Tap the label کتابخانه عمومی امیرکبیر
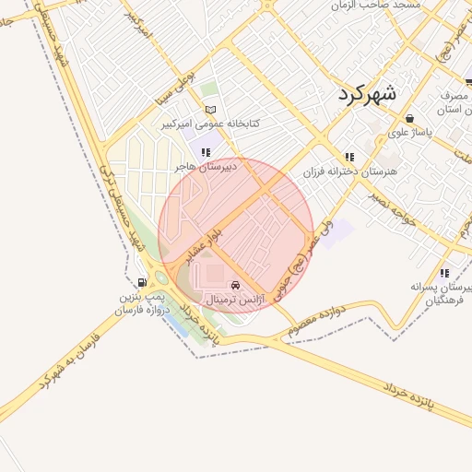[x=210, y=123]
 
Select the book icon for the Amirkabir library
[x=211, y=110]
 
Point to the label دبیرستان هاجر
[x=206, y=166]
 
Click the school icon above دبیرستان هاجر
[x=205, y=152]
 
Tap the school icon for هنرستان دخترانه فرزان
[x=348, y=158]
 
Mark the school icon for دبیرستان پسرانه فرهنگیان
[x=445, y=273]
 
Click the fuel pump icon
[x=141, y=283]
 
